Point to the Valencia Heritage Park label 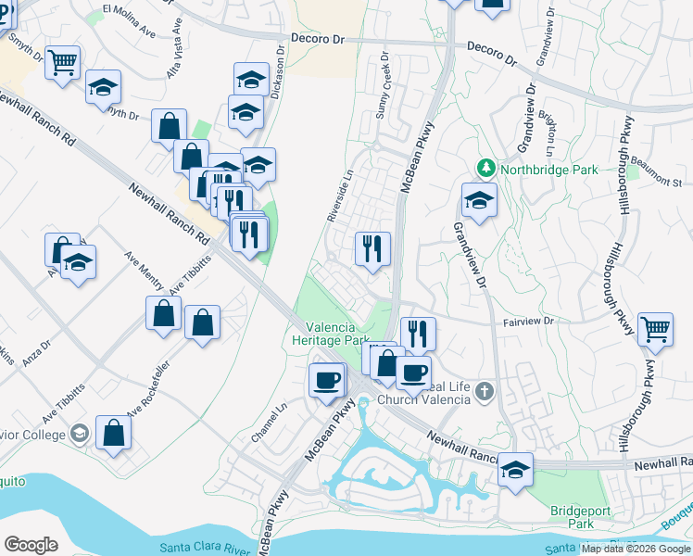[338, 334]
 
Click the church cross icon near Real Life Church [483, 393]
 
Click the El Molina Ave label [129, 20]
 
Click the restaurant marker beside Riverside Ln [372, 247]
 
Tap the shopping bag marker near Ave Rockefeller [113, 432]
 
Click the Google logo [31, 545]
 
